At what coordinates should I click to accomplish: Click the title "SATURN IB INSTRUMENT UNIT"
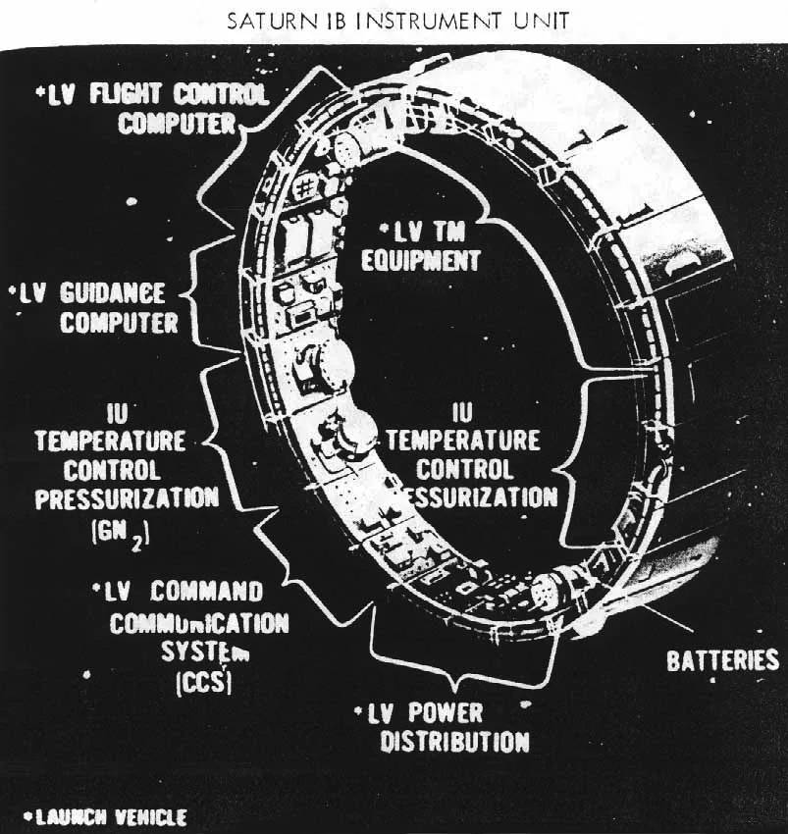[393, 21]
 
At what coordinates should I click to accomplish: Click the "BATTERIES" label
[722, 659]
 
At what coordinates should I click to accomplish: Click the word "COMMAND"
[208, 593]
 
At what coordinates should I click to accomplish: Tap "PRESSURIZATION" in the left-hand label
[128, 497]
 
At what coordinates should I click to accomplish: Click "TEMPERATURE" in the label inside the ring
[463, 440]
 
